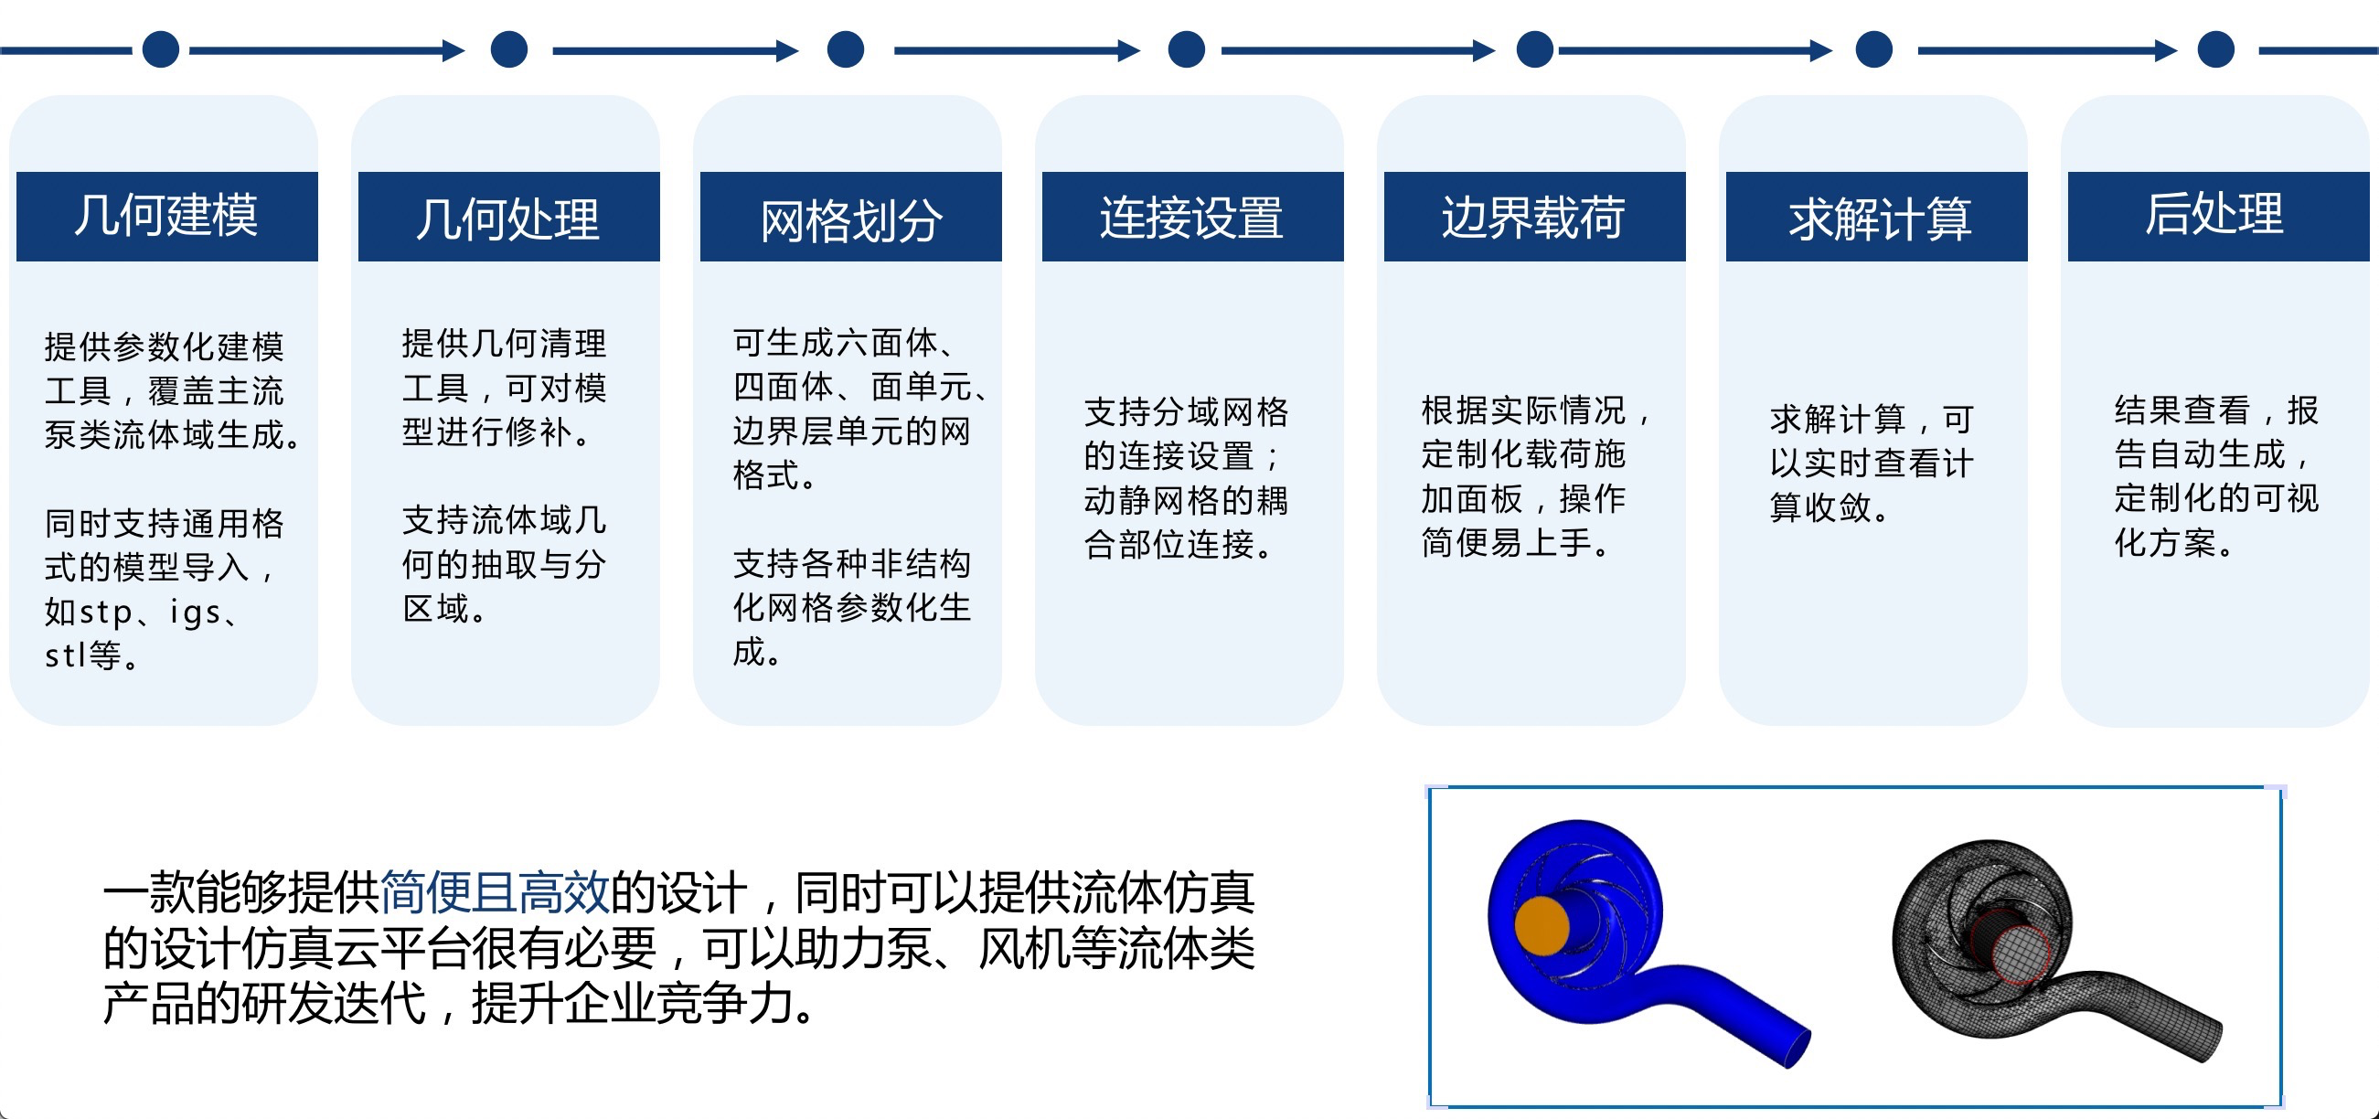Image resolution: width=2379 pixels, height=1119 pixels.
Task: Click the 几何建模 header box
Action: click(167, 216)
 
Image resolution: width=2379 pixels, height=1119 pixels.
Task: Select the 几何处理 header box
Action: click(509, 216)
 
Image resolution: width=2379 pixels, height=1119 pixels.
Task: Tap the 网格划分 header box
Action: click(850, 216)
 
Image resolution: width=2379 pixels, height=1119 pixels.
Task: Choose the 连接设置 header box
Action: click(1192, 216)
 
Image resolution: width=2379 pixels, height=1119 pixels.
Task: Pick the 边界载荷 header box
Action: click(1534, 216)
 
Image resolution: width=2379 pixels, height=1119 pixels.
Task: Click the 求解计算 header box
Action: click(1877, 216)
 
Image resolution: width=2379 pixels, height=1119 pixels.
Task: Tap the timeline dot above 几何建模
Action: click(161, 49)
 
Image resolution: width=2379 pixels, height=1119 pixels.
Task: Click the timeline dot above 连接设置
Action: click(1187, 49)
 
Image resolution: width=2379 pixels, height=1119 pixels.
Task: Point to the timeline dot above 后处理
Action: click(2215, 49)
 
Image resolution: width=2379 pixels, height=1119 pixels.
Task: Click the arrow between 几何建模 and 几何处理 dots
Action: click(327, 50)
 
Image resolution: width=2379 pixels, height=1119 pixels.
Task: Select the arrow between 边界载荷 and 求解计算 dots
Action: click(1696, 50)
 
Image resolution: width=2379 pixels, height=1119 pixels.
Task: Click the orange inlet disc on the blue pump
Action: click(1542, 925)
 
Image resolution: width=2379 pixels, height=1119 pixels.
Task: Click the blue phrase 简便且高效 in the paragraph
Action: click(494, 892)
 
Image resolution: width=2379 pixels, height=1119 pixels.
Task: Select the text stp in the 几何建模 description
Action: click(106, 613)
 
